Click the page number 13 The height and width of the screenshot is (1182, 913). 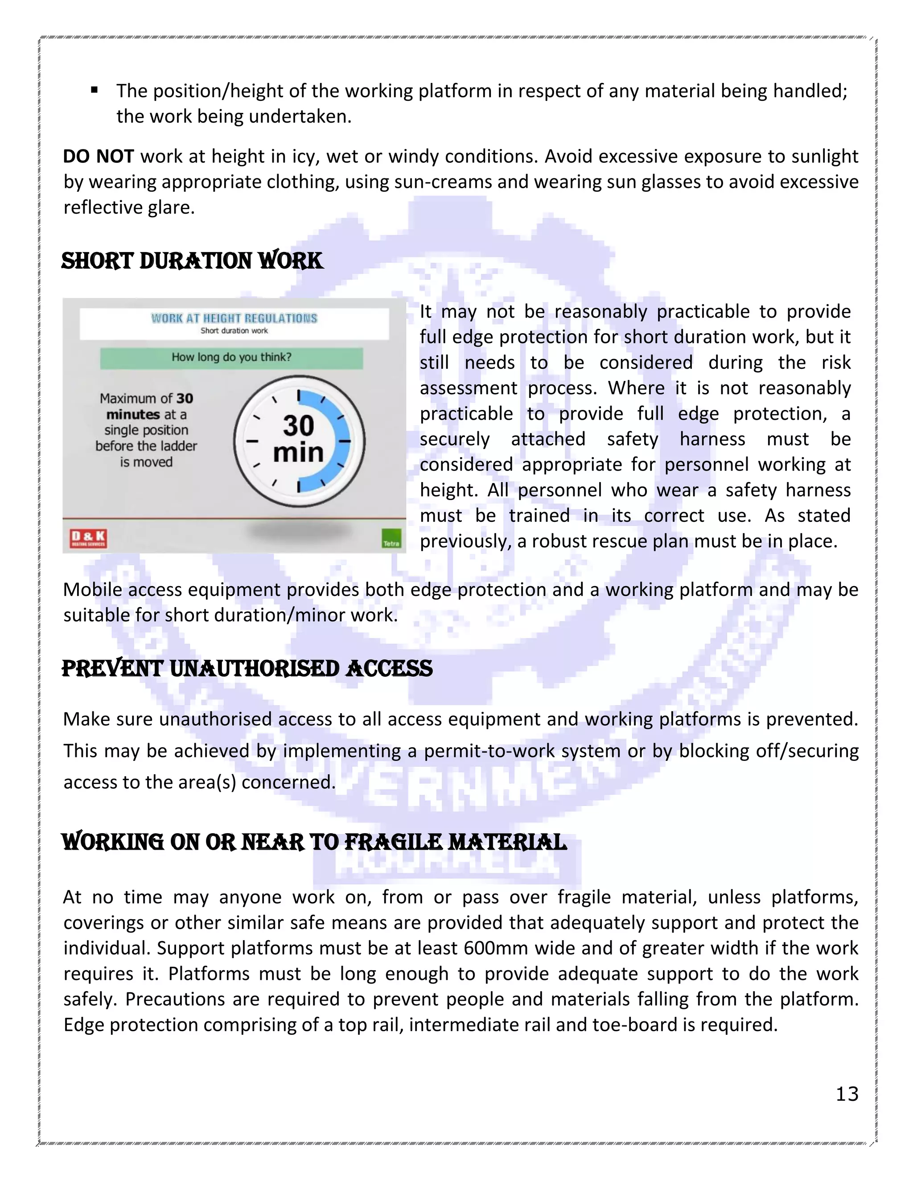point(847,1094)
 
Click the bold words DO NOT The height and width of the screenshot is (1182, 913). point(98,157)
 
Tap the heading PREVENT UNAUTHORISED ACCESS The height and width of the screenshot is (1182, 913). point(247,669)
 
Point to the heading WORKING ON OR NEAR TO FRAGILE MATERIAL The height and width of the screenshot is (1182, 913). point(314,842)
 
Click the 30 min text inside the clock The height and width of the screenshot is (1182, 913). point(298,439)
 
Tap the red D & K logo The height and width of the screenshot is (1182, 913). point(89,538)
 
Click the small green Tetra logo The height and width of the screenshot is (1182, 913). point(391,539)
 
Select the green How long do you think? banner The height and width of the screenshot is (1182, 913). point(231,358)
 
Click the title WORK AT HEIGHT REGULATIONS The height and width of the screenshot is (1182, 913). point(234,318)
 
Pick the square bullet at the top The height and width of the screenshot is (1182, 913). point(94,91)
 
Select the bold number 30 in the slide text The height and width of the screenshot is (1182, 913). point(185,398)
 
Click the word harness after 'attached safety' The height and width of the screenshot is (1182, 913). point(712,439)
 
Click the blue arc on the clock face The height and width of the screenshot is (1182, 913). point(339,441)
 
